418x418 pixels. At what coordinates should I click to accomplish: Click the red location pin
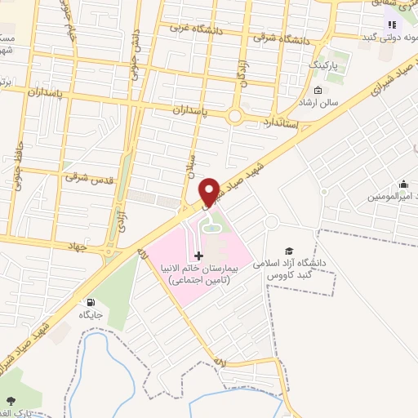(209, 191)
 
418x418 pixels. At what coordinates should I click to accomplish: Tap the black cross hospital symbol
(198, 256)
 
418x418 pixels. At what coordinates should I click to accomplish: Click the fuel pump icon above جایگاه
(90, 302)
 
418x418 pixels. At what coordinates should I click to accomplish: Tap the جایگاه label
(90, 314)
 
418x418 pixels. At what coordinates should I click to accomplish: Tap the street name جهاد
(77, 245)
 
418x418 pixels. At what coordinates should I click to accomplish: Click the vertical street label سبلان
(189, 167)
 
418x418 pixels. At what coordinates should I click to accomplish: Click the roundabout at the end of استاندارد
(235, 117)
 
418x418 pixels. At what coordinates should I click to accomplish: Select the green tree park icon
(11, 401)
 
